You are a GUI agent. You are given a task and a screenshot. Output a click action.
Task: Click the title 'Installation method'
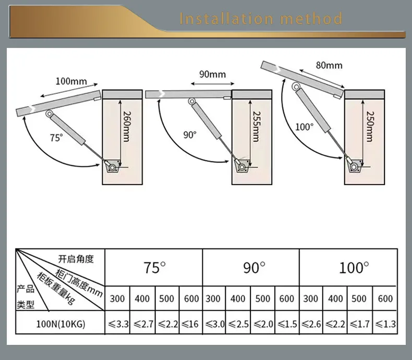click(261, 19)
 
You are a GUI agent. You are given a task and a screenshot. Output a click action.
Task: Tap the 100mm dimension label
click(71, 82)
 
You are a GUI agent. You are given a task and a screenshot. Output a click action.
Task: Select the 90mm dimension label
click(212, 74)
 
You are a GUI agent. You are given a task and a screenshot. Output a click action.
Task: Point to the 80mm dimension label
click(329, 65)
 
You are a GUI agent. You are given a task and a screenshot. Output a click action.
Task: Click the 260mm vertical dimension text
click(126, 127)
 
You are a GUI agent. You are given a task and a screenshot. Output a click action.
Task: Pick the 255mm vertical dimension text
click(256, 127)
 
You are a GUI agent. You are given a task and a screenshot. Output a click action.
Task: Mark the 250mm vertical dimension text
click(369, 127)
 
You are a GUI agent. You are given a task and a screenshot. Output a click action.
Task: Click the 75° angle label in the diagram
click(56, 138)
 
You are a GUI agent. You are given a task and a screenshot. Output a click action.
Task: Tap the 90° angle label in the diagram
click(190, 134)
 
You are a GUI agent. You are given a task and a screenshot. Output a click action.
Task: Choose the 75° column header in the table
click(154, 268)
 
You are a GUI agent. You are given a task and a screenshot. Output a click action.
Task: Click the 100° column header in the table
click(354, 268)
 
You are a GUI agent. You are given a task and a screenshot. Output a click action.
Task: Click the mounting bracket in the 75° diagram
click(112, 167)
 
